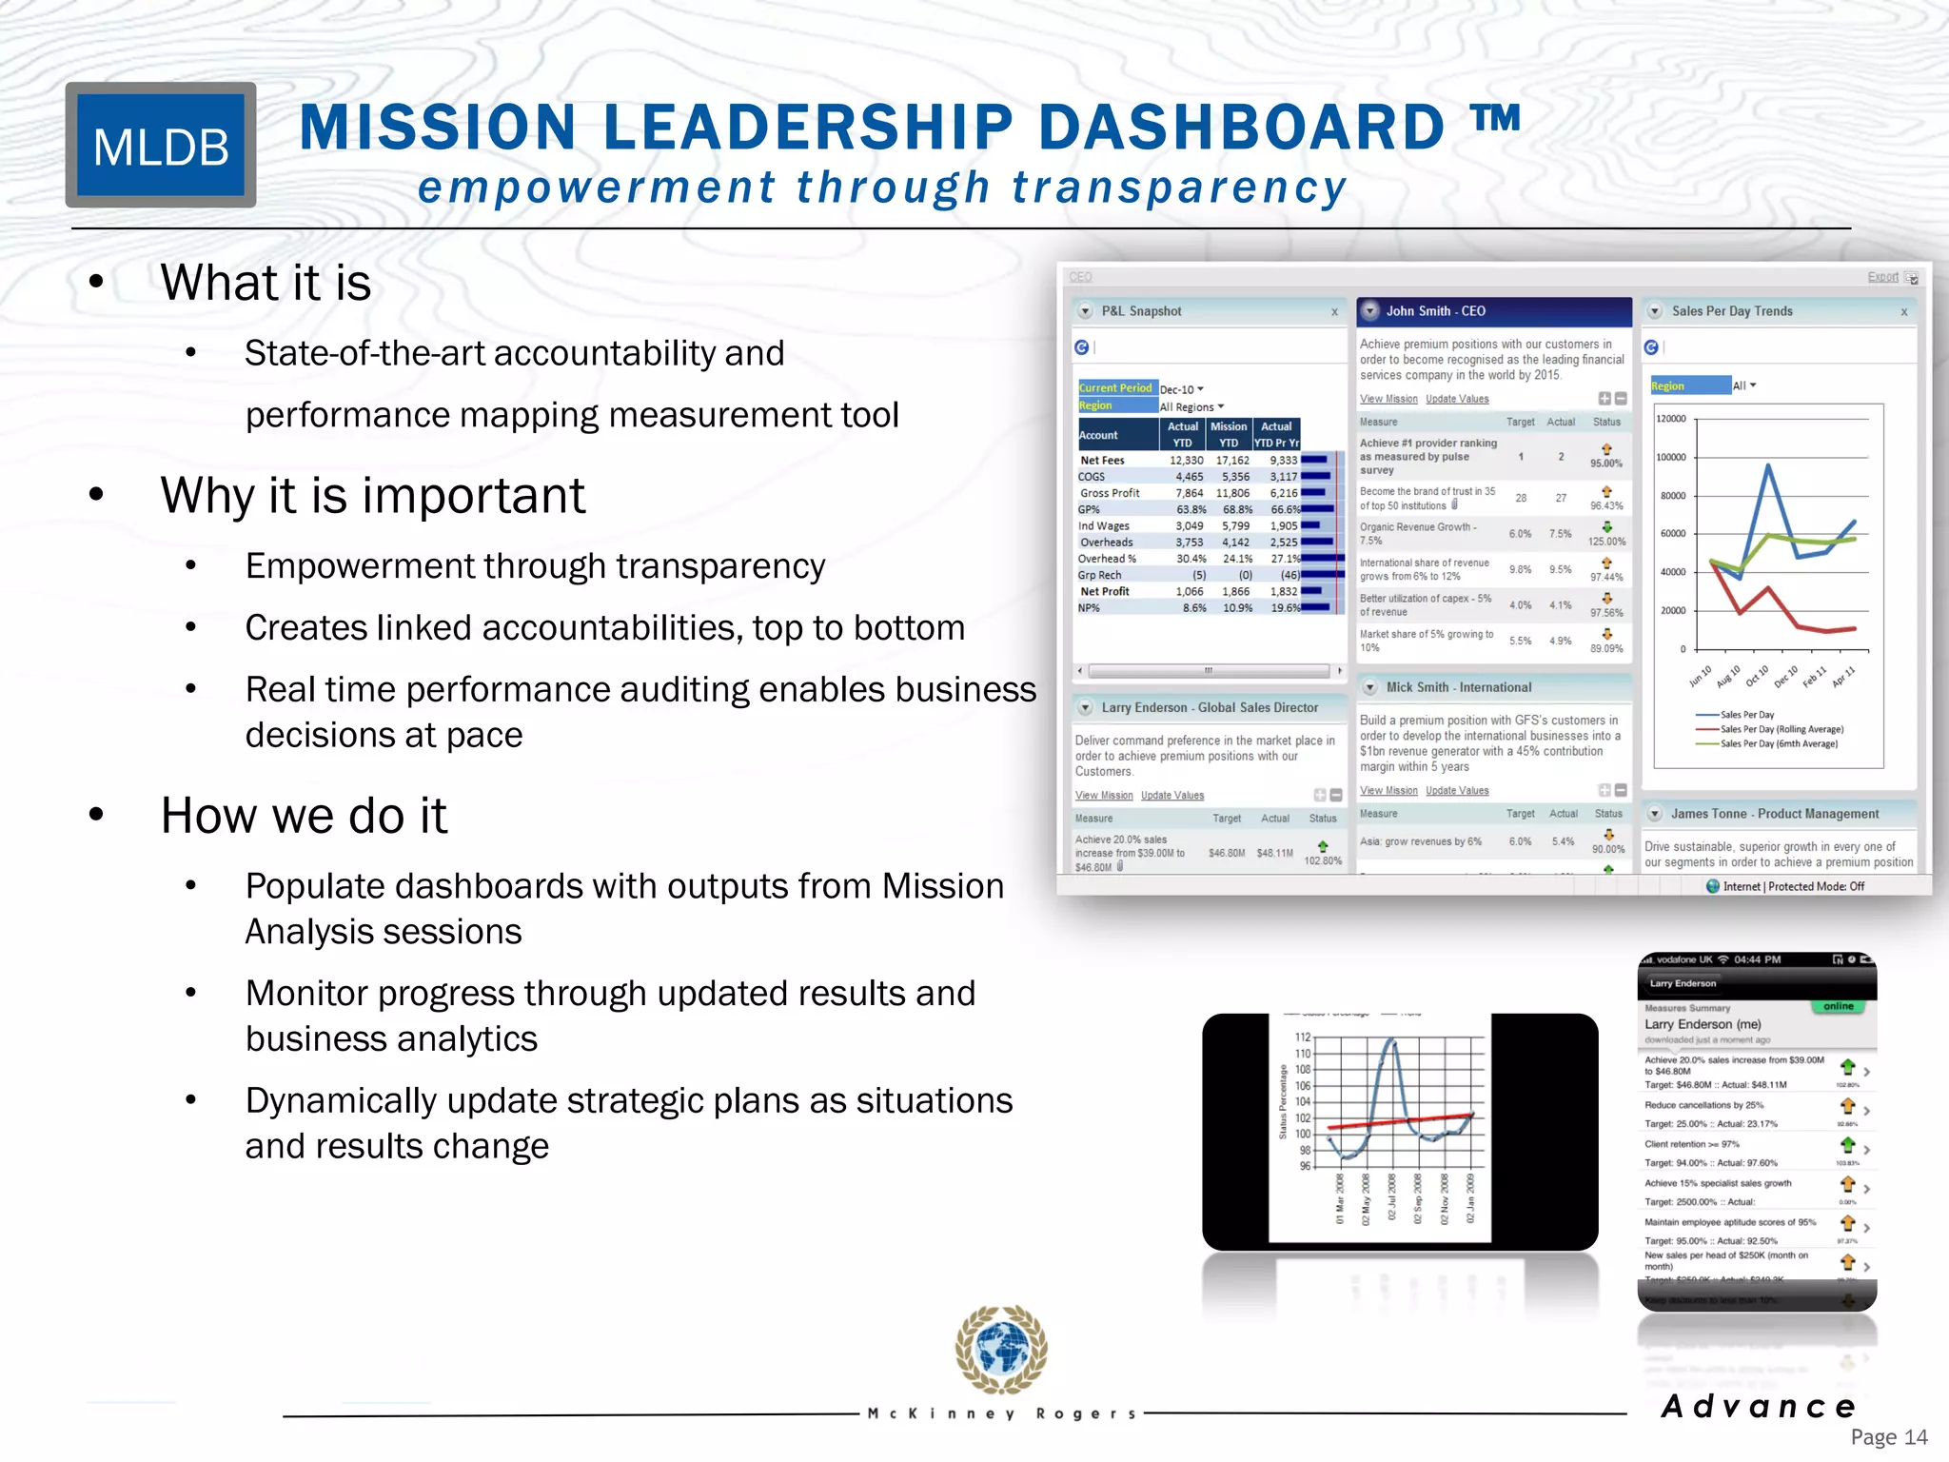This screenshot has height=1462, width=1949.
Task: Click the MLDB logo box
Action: pyautogui.click(x=161, y=146)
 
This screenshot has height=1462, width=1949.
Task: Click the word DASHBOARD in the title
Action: pyautogui.click(x=1241, y=128)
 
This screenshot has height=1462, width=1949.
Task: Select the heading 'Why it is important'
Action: pyautogui.click(x=372, y=496)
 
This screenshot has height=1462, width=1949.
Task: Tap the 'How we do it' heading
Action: pyautogui.click(x=304, y=816)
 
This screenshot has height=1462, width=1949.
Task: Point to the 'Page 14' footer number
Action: pyautogui.click(x=1888, y=1437)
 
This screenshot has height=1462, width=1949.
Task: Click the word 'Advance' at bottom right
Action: pyautogui.click(x=1759, y=1406)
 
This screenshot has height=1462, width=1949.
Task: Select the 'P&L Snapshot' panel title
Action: pyautogui.click(x=1141, y=311)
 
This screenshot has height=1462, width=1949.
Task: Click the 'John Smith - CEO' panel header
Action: pyautogui.click(x=1435, y=311)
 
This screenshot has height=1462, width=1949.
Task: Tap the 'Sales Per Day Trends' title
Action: pyautogui.click(x=1732, y=311)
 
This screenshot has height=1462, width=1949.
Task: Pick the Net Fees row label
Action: pyautogui.click(x=1102, y=461)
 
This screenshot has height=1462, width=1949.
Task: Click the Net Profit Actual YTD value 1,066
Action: pyautogui.click(x=1189, y=591)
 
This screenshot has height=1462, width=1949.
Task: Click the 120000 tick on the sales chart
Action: pyautogui.click(x=1671, y=419)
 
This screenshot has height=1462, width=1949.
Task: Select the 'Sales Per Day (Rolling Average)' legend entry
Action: pyautogui.click(x=1781, y=729)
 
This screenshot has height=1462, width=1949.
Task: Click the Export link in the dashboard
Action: pyautogui.click(x=1882, y=277)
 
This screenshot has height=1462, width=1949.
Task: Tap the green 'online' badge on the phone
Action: pyautogui.click(x=1838, y=1006)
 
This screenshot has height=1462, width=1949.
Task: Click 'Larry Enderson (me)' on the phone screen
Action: pyautogui.click(x=1703, y=1024)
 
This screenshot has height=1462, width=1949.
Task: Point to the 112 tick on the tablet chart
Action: pyautogui.click(x=1303, y=1037)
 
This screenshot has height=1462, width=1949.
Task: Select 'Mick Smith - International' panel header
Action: pyautogui.click(x=1458, y=687)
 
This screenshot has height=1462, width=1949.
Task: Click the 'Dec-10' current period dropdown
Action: pyautogui.click(x=1181, y=389)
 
